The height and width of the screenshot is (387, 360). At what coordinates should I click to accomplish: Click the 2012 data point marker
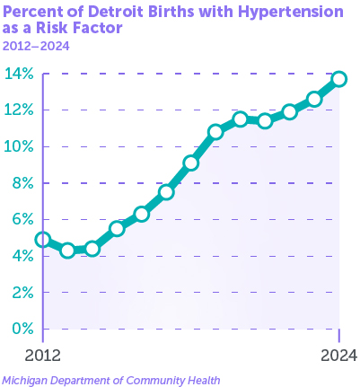click(x=43, y=240)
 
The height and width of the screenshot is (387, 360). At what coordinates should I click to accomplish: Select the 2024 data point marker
click(x=339, y=79)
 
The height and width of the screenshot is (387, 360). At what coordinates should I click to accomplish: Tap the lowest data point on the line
click(x=67, y=251)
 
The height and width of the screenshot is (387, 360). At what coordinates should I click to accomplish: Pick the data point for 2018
click(x=191, y=163)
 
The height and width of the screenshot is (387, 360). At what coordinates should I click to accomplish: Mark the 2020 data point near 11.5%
click(x=241, y=119)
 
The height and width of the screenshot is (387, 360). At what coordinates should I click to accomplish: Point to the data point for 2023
click(x=314, y=100)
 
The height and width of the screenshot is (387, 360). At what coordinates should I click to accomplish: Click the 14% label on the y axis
click(x=19, y=74)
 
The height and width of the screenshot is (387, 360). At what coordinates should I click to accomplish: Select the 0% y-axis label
click(x=22, y=329)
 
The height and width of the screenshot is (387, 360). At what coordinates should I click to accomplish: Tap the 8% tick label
click(x=22, y=183)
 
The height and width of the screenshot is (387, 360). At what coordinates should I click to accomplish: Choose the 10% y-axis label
click(x=19, y=146)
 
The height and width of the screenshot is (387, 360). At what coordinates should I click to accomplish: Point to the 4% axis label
click(x=22, y=256)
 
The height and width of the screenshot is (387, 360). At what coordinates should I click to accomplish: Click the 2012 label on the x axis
click(x=42, y=356)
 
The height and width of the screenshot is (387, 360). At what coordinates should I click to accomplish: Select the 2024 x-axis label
click(x=339, y=356)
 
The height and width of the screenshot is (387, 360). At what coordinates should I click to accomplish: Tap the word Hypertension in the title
click(x=291, y=13)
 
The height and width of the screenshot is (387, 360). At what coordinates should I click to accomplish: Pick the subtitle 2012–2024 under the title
click(x=36, y=47)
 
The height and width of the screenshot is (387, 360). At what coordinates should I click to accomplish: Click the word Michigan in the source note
click(x=25, y=381)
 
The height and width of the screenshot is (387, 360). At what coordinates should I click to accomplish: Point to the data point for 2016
click(x=142, y=214)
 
